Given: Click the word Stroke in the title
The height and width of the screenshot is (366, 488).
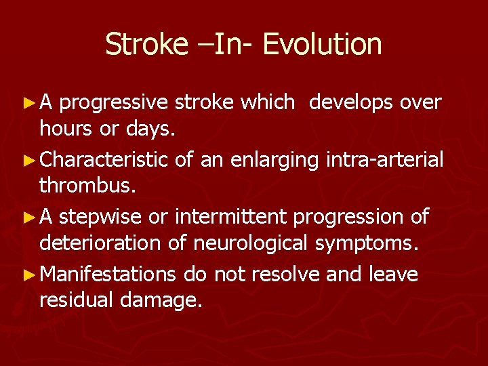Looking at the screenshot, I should point(146,45).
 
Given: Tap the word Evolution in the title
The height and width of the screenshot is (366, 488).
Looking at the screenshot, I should point(322,45).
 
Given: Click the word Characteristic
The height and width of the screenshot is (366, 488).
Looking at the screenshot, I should point(104,160).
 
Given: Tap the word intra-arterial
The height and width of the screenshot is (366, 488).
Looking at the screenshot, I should point(386,160).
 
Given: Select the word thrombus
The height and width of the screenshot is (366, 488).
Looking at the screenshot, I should point(81,186).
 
